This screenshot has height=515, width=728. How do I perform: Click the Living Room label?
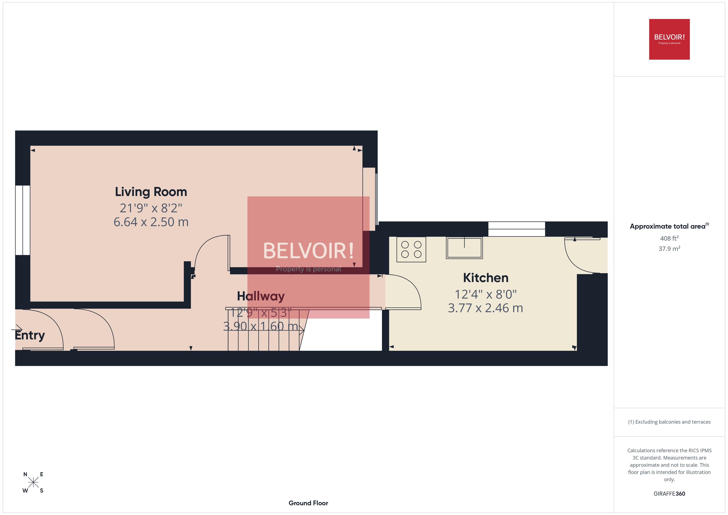pos(151,192)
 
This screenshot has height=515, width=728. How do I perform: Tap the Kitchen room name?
pos(486,278)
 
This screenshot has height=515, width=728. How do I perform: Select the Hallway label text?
pos(261,296)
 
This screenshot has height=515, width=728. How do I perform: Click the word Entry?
pos(30,335)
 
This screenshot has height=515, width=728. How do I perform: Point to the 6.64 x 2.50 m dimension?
pos(151,222)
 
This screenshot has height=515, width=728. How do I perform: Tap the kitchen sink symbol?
pos(464,248)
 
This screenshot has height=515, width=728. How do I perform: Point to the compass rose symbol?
pos(33,482)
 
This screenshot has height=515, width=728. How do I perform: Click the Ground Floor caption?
pos(308,503)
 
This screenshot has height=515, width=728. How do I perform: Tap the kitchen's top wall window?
pos(516,229)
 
